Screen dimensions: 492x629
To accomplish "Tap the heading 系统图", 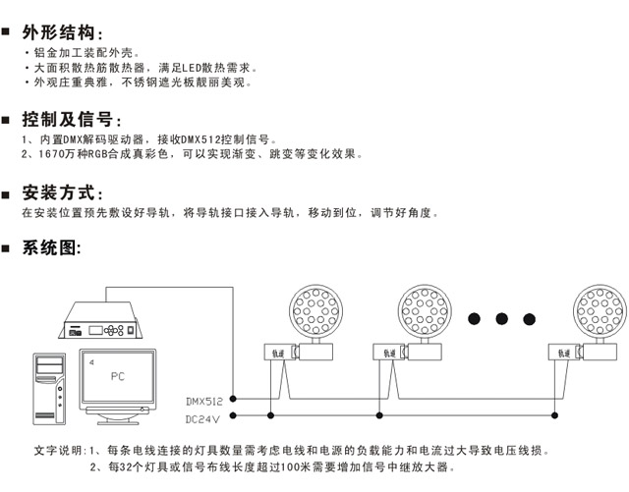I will click(53, 247).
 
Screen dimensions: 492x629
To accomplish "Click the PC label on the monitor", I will click(117, 375).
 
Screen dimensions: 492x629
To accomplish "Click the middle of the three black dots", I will click(503, 318).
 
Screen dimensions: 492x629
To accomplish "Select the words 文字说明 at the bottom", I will click(56, 451).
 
